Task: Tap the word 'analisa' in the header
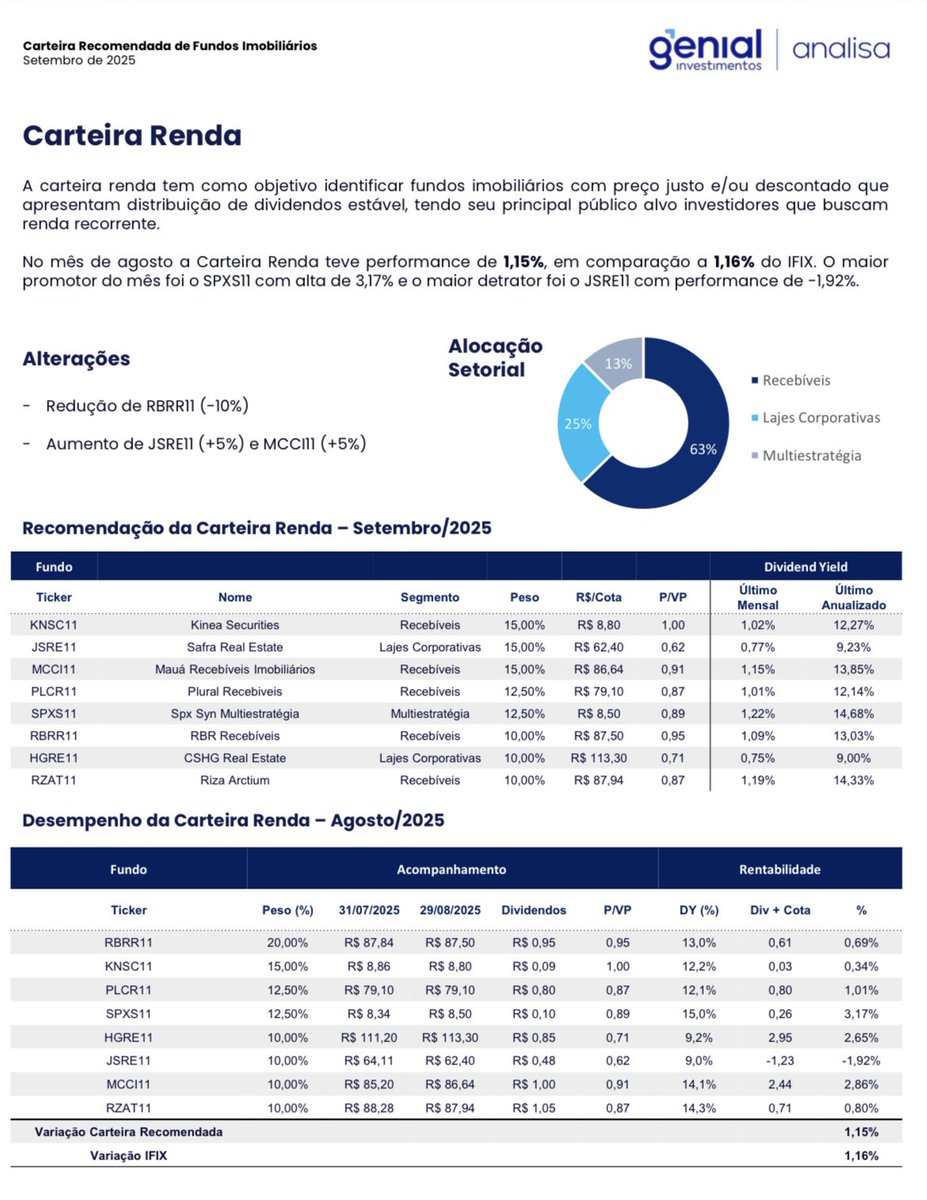click(841, 48)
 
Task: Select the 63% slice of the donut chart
click(690, 440)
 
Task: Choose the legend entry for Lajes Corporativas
click(820, 417)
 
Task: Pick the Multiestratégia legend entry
click(810, 455)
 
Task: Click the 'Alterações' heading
click(76, 359)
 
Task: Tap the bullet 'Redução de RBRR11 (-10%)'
click(147, 406)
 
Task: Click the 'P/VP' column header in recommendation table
click(672, 597)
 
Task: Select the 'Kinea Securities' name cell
click(235, 625)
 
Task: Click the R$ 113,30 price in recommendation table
click(599, 758)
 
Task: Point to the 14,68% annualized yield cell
click(847, 714)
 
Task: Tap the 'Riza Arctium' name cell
click(235, 780)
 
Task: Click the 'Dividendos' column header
click(534, 910)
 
